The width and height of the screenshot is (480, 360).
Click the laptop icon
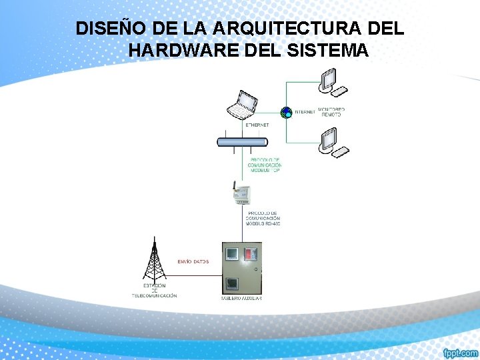click(241, 105)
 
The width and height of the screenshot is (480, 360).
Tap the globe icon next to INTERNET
click(285, 112)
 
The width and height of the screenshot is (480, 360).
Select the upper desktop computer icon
click(331, 83)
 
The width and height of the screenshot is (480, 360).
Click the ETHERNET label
click(257, 125)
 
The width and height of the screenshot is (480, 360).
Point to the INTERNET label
click(305, 112)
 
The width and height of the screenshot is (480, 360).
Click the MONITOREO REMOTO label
click(331, 111)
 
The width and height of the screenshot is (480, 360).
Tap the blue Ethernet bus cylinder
click(242, 141)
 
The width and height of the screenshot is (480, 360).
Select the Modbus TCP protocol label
click(265, 165)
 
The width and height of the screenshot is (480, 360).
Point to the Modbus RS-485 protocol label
click(263, 218)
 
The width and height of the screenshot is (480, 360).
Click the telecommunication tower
click(155, 260)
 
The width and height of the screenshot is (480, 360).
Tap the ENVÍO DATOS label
click(193, 261)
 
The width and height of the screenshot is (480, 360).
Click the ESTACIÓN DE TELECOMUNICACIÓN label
click(155, 291)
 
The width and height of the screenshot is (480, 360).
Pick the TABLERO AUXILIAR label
click(241, 298)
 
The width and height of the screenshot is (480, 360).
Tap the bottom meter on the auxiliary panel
click(232, 283)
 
